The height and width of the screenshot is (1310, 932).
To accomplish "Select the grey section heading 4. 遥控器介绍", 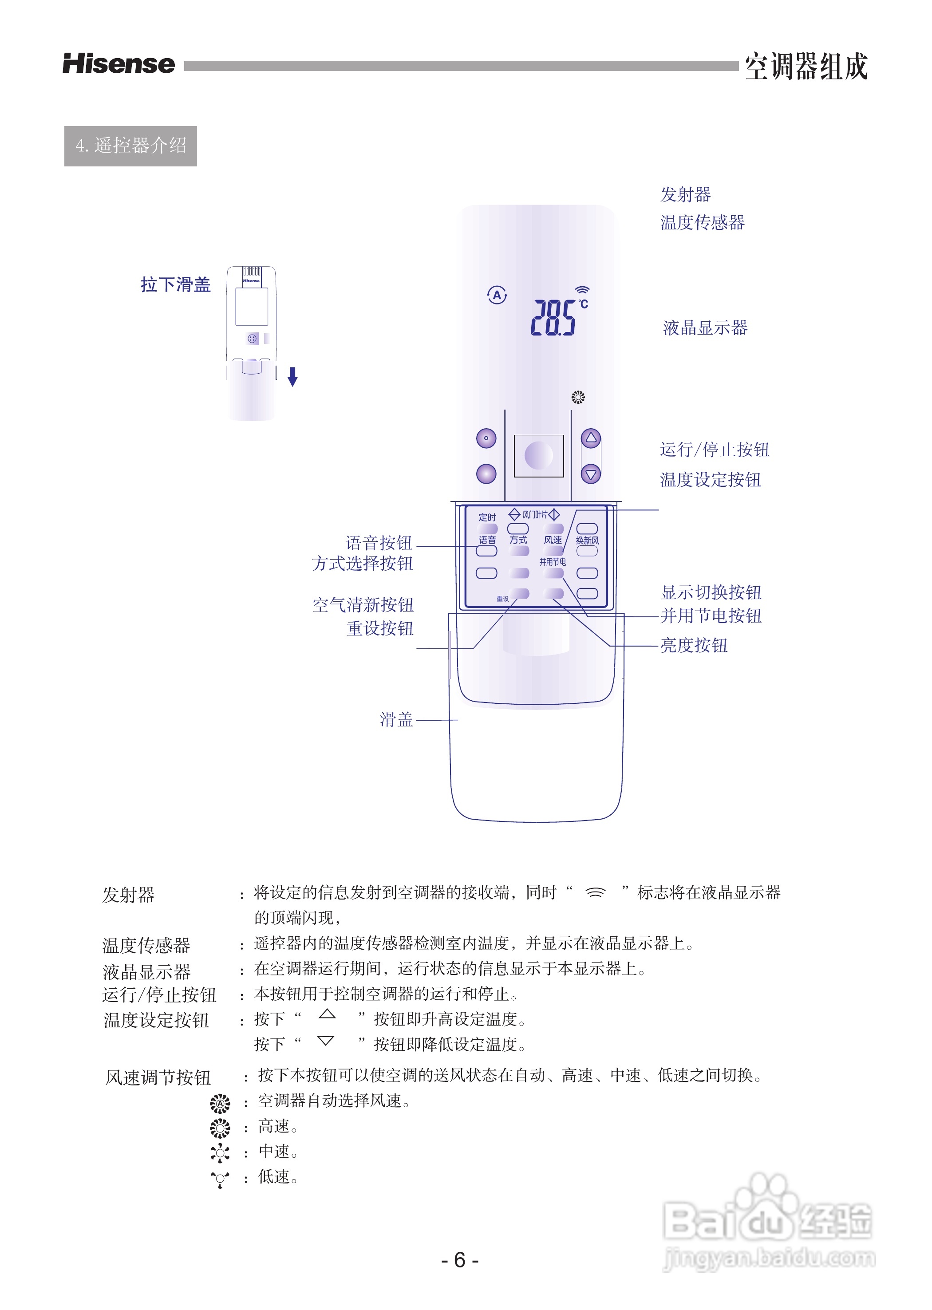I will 130,146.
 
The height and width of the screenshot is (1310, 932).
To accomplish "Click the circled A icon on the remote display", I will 497,296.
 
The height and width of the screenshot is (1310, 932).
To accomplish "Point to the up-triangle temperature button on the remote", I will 591,438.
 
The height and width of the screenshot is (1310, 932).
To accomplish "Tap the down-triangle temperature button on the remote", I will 591,474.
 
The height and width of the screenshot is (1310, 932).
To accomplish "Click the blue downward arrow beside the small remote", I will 292,376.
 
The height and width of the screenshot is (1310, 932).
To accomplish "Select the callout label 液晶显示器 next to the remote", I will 705,327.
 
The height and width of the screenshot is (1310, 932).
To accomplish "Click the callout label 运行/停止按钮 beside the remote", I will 714,449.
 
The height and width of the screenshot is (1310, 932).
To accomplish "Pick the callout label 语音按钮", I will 378,542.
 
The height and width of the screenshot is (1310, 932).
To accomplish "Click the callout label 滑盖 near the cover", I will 396,719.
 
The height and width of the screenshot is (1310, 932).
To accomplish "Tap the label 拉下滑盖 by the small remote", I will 176,284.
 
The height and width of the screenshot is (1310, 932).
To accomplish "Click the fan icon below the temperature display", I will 578,397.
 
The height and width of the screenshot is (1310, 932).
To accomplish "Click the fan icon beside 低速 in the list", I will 220,1178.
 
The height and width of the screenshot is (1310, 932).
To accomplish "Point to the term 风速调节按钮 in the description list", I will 158,1077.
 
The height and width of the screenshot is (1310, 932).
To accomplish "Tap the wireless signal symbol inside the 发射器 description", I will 595,892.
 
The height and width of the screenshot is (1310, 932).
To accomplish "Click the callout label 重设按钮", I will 379,628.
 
